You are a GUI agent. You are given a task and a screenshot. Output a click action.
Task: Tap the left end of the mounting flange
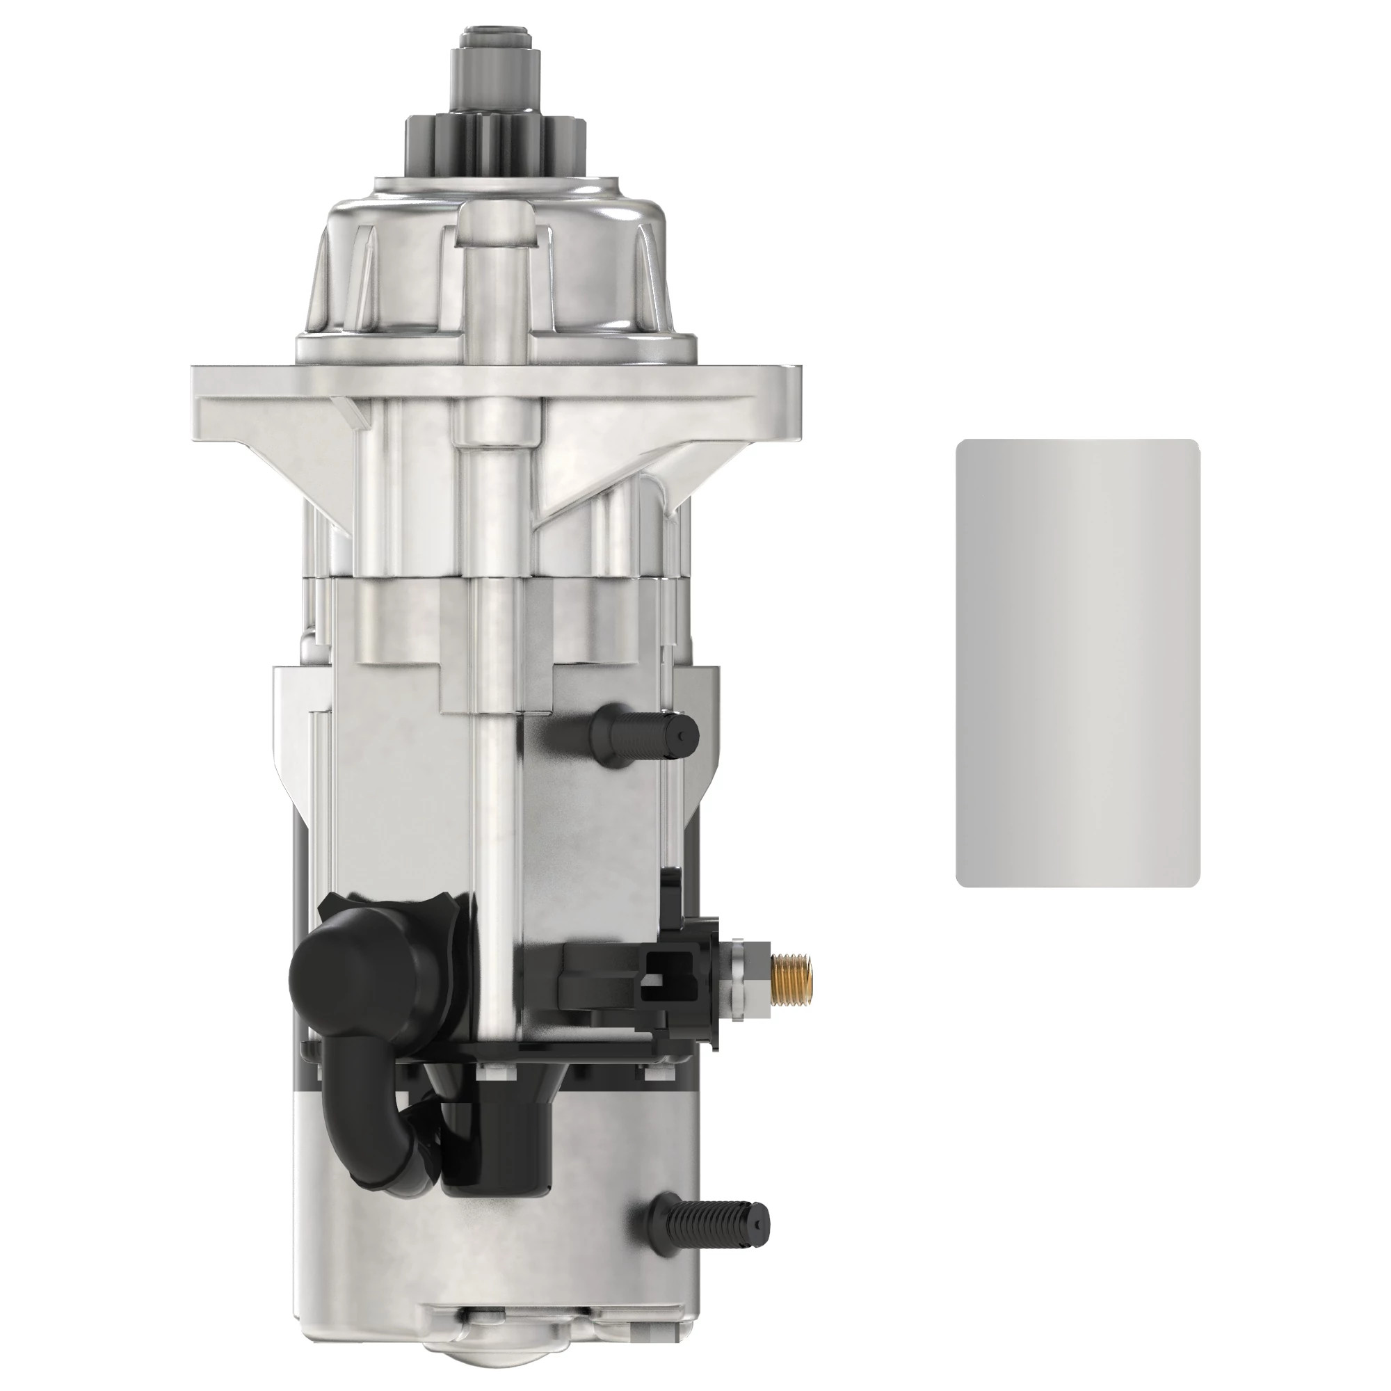click(x=209, y=401)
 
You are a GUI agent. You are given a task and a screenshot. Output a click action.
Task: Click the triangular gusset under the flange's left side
click(x=324, y=475)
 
